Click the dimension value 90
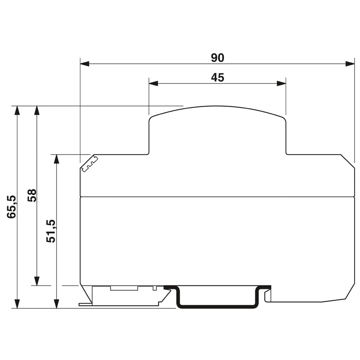(217, 58)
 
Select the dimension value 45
(217, 78)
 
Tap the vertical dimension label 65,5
(12, 207)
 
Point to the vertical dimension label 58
(32, 195)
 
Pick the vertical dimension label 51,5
(51, 231)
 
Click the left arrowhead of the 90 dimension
(84, 64)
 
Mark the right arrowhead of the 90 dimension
(350, 64)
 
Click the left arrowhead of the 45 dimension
(153, 83)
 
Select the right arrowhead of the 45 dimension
(282, 83)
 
